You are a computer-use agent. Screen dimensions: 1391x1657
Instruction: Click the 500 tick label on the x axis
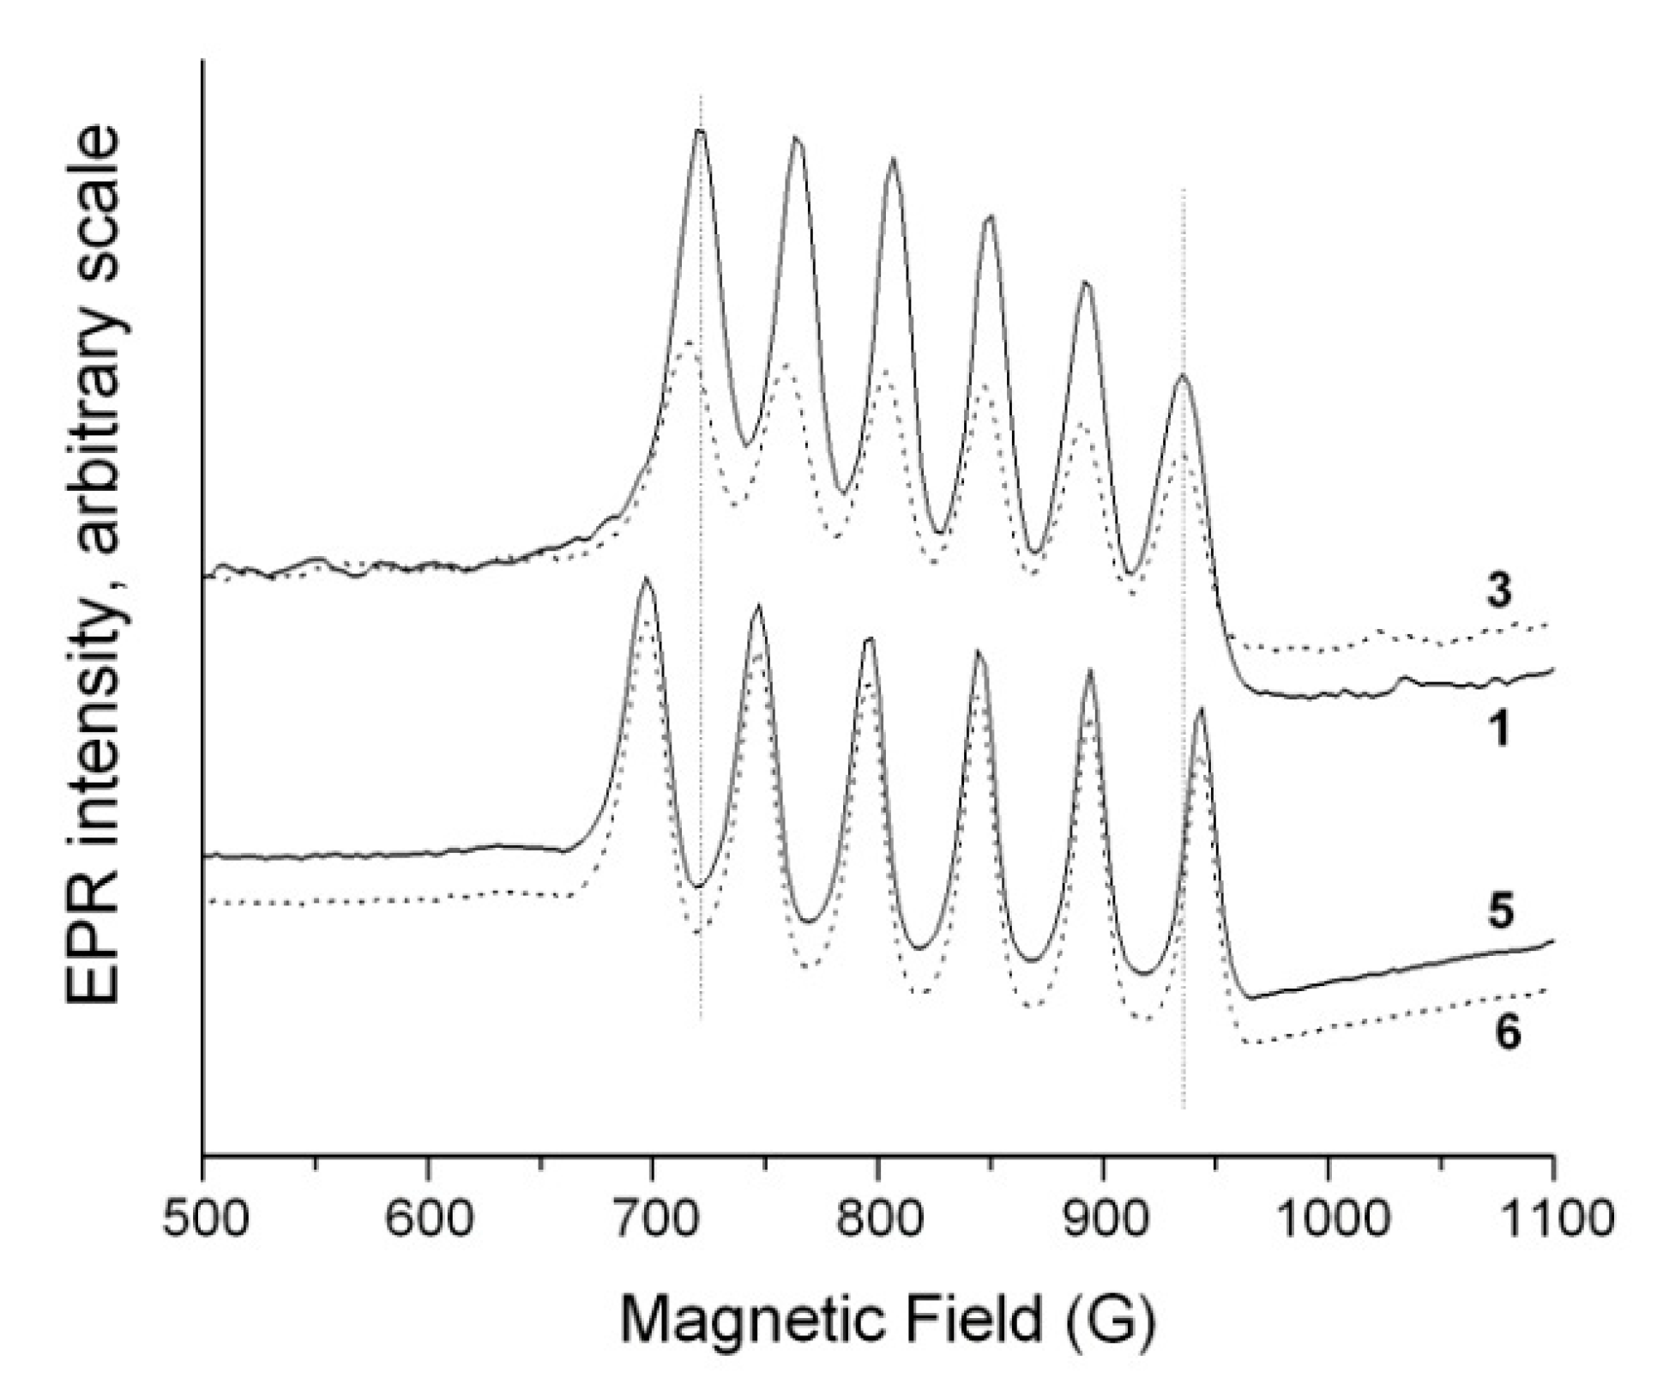(202, 1219)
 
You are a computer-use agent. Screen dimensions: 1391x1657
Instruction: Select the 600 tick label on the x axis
(427, 1219)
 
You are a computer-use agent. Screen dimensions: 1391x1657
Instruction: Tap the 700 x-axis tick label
(652, 1219)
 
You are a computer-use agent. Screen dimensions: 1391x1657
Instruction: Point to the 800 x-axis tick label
(877, 1219)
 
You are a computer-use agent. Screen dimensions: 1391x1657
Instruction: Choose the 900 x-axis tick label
(1102, 1219)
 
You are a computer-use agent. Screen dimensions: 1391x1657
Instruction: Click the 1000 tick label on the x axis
(1328, 1219)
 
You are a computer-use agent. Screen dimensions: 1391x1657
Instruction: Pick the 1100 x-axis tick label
(1552, 1219)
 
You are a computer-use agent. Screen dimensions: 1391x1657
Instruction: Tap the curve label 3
(1498, 592)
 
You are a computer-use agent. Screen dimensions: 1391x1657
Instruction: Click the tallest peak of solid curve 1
(701, 130)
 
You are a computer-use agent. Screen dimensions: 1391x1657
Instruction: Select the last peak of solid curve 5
(1201, 709)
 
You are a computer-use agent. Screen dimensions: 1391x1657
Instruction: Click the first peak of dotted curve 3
(687, 342)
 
